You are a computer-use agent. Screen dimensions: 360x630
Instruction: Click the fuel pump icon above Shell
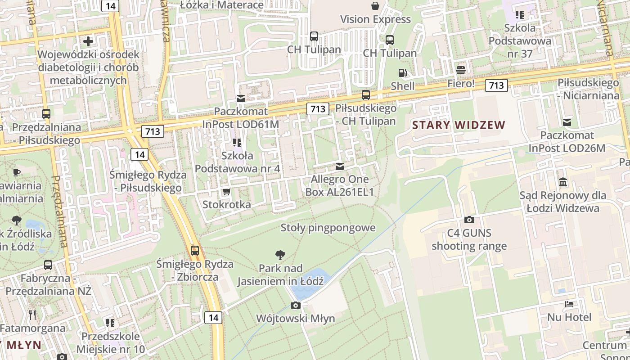coord(402,73)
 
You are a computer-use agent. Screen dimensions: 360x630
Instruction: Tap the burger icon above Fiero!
coord(460,70)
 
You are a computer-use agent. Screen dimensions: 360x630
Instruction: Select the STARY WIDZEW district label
coord(459,125)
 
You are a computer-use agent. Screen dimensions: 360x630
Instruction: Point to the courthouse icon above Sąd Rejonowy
coord(562,182)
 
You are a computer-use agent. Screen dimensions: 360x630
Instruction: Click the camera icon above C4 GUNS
coord(469,220)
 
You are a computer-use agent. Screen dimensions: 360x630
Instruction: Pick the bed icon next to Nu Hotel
coord(569,304)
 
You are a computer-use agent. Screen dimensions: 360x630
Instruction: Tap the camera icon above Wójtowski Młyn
coord(296,306)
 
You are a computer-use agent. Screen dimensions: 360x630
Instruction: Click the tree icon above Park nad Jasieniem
coord(280,255)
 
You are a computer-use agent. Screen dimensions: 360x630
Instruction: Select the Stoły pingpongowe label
coord(328,228)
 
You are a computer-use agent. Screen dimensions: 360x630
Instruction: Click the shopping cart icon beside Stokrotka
coord(227,191)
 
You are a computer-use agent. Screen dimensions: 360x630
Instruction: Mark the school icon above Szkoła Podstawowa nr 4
coord(237,143)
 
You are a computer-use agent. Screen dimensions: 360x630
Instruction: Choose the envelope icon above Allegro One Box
coord(340,167)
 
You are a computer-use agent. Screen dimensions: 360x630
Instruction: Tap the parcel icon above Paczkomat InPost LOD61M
coord(241,98)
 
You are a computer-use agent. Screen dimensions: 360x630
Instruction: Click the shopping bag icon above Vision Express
coord(375,6)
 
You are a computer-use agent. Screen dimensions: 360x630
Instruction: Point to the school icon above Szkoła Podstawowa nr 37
coord(520,15)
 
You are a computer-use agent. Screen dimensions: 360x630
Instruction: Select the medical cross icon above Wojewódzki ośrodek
coord(88,41)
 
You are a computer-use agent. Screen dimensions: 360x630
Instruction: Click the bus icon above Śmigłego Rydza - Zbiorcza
coord(195,251)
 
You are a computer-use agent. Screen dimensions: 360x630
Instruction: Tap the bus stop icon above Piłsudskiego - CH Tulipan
coord(366,95)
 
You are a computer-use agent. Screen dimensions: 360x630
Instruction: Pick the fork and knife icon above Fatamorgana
coord(32,315)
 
